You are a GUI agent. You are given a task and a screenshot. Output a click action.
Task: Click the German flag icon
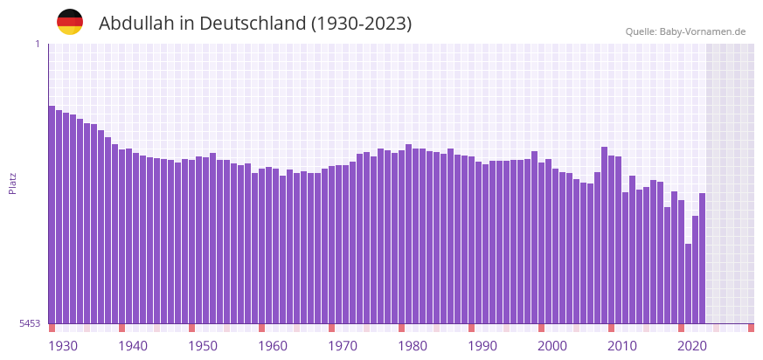(70, 22)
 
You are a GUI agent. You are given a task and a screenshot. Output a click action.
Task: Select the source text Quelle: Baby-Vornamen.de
(685, 31)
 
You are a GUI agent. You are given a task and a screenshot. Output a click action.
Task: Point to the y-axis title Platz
(13, 183)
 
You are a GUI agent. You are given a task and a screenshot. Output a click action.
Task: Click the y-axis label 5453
(30, 324)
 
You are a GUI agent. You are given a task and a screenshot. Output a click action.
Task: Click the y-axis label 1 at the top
(38, 44)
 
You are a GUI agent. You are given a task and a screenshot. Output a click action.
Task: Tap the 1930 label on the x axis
(63, 346)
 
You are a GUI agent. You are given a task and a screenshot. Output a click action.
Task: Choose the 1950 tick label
(203, 346)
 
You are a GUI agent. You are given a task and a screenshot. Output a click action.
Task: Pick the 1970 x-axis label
(343, 346)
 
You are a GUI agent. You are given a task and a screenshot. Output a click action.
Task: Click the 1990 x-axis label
(482, 346)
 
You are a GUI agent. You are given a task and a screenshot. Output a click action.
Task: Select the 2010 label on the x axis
(622, 346)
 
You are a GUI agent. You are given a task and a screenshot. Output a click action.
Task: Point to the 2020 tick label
(692, 346)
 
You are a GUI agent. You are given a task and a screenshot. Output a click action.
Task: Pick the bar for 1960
(262, 246)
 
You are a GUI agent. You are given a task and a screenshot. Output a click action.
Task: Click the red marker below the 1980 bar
(402, 328)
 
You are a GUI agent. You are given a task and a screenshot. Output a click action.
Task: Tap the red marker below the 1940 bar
(122, 328)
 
